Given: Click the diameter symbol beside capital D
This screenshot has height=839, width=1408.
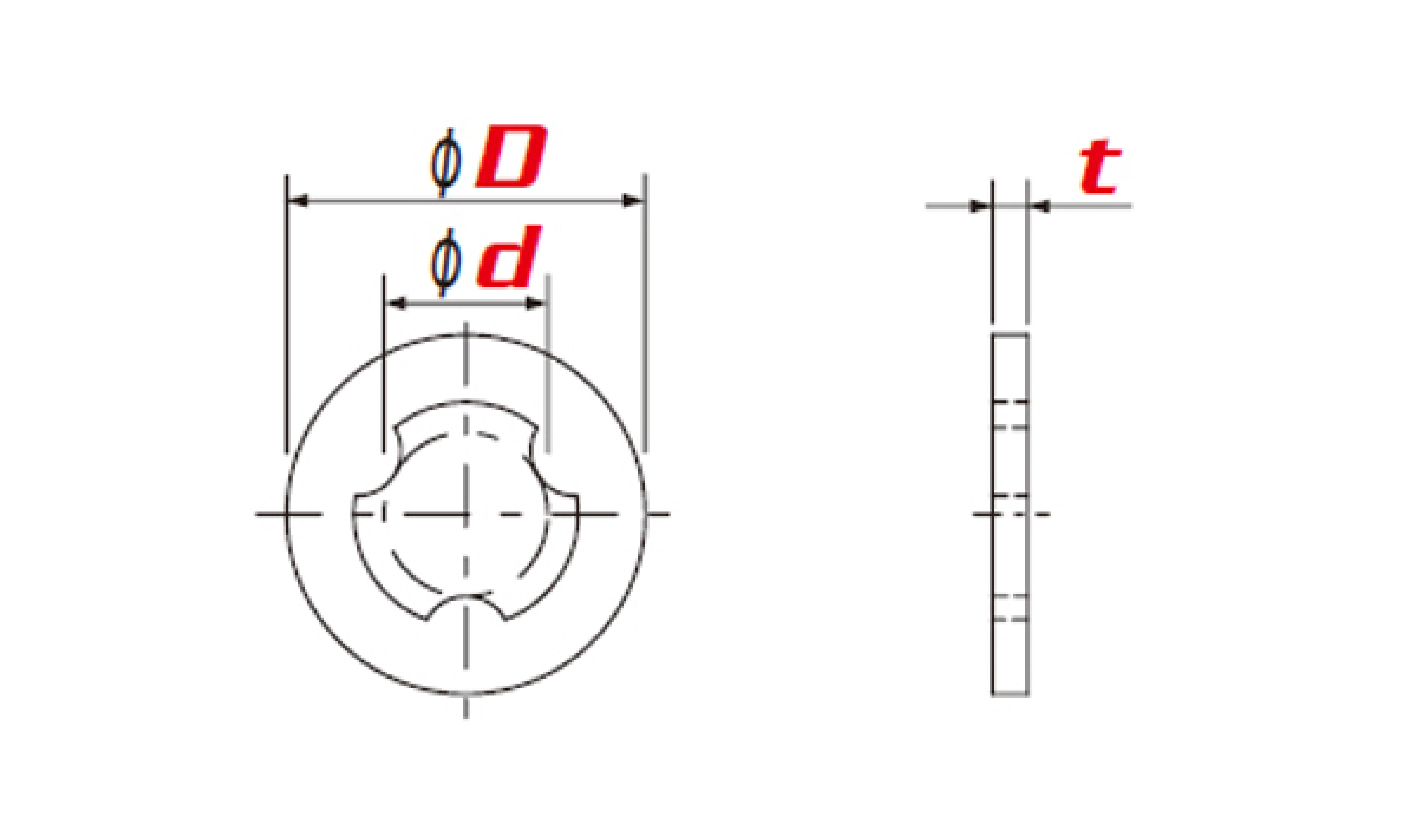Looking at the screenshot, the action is click(x=446, y=162).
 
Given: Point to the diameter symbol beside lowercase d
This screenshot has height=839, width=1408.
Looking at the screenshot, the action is click(x=446, y=263).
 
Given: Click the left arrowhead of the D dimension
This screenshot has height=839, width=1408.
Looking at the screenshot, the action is click(x=298, y=201).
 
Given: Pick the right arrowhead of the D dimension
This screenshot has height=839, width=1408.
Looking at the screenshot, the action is click(x=633, y=201).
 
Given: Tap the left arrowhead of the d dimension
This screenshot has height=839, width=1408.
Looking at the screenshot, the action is click(x=396, y=303).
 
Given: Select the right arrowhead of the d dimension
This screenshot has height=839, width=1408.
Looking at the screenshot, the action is click(x=535, y=303).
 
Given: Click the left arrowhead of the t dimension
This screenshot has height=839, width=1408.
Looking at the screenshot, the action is click(x=980, y=207).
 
